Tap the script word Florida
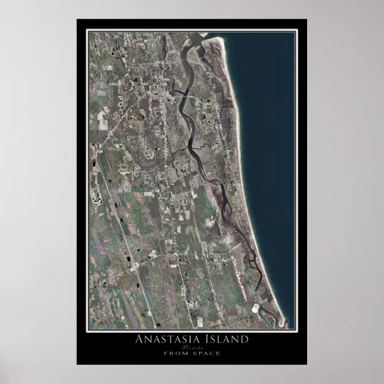(192, 347)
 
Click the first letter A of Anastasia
(141, 340)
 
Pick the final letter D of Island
(243, 340)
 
